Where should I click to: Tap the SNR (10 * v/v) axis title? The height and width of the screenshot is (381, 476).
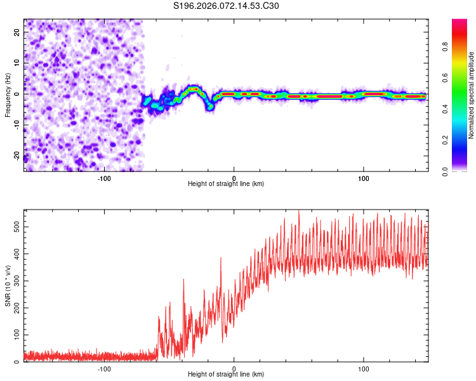pyautogui.click(x=8, y=285)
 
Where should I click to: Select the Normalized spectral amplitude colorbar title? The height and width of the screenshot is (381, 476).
pyautogui.click(x=472, y=95)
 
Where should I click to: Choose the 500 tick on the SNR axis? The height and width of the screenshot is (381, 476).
pyautogui.click(x=16, y=226)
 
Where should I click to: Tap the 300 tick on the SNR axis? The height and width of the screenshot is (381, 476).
pyautogui.click(x=16, y=281)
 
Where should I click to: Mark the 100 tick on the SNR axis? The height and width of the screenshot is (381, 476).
pyautogui.click(x=16, y=335)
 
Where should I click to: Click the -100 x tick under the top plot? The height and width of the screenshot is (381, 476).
pyautogui.click(x=105, y=177)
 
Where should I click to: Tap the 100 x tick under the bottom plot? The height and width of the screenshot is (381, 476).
pyautogui.click(x=364, y=368)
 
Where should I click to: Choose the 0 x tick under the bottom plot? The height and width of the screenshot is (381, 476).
pyautogui.click(x=234, y=368)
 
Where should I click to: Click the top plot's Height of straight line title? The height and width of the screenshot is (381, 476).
pyautogui.click(x=226, y=184)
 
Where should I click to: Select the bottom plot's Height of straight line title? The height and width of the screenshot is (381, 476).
pyautogui.click(x=226, y=375)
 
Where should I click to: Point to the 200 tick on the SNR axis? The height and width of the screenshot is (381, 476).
pyautogui.click(x=16, y=307)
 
